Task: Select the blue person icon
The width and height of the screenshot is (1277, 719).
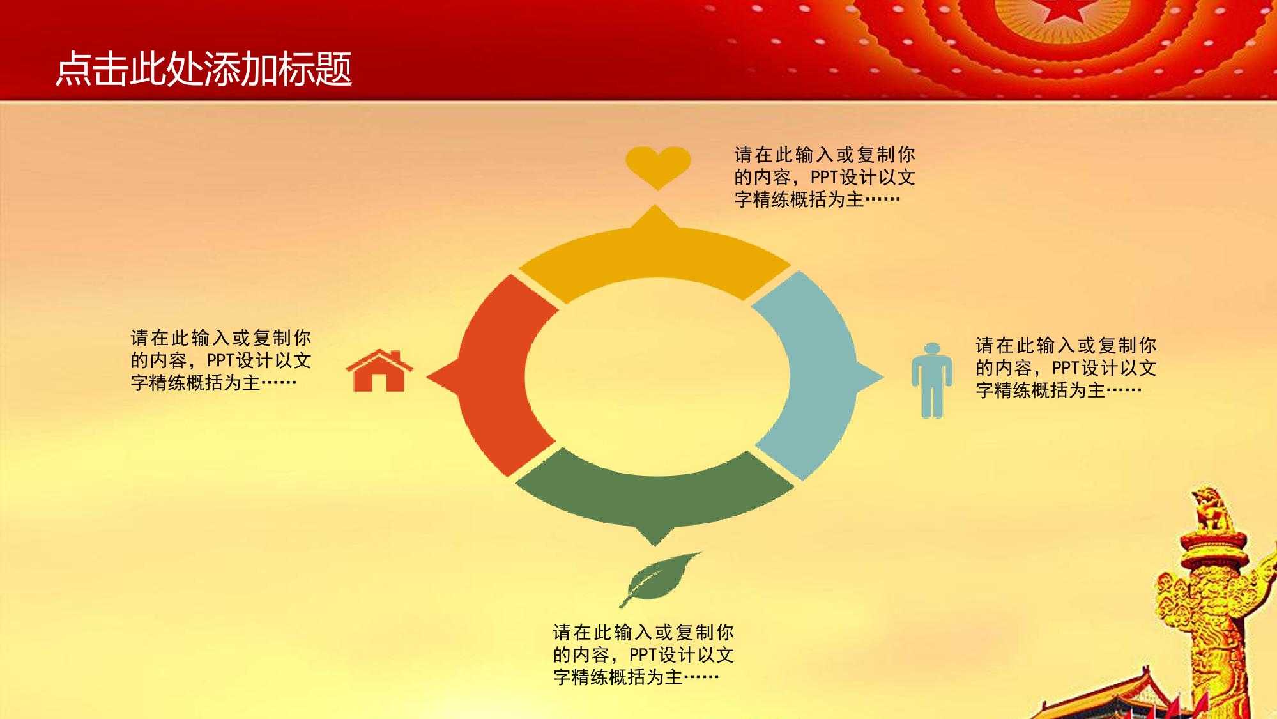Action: click(x=932, y=380)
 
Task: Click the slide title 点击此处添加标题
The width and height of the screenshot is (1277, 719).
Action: click(x=204, y=69)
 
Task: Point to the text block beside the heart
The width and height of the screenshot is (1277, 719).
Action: click(x=825, y=177)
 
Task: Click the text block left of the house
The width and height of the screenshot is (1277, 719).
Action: click(x=220, y=360)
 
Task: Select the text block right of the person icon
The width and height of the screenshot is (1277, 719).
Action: click(x=1066, y=367)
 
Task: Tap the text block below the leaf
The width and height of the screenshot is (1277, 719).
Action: click(x=643, y=654)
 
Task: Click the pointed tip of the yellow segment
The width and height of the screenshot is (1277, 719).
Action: click(x=655, y=205)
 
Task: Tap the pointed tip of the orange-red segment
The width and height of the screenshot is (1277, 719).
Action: click(x=427, y=377)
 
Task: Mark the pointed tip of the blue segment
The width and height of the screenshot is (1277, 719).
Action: click(x=883, y=377)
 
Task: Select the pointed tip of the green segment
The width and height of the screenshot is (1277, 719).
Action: click(x=655, y=546)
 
